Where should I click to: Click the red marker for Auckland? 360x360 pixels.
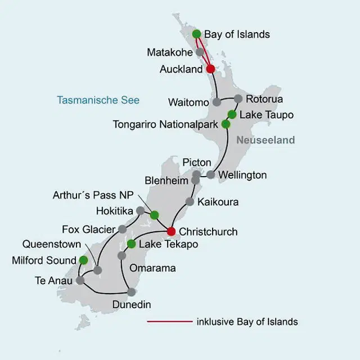210,69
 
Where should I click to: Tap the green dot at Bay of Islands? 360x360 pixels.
197,34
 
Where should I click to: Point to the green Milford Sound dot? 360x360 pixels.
83,260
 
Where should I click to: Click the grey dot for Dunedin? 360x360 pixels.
131,292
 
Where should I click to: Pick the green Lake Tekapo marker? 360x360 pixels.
131,244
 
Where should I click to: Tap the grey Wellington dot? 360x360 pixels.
210,175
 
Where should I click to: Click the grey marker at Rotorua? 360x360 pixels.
238,99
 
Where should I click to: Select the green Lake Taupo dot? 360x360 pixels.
232,115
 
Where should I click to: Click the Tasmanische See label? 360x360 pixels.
98,101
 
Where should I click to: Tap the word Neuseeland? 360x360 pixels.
265,140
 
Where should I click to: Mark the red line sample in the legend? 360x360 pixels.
169,322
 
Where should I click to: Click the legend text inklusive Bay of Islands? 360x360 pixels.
247,322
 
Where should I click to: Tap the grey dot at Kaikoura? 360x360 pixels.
190,201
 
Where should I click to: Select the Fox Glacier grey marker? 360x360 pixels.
122,229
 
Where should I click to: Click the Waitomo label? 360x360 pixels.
188,102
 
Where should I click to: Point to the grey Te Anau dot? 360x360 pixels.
80,280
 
